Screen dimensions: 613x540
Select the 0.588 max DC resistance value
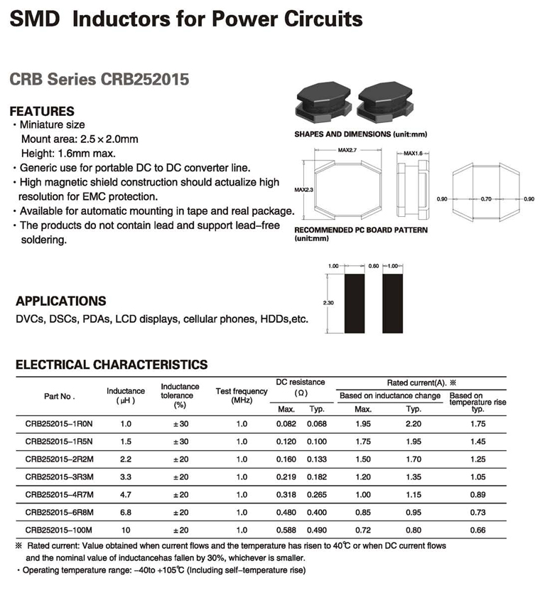[286, 530]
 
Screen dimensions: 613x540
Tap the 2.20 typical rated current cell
[413, 424]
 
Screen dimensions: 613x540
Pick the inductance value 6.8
[126, 512]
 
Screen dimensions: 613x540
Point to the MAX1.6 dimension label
[414, 153]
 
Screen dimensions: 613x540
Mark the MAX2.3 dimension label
[303, 190]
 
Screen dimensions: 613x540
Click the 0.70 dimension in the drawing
[487, 198]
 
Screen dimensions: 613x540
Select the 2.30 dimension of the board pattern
[328, 303]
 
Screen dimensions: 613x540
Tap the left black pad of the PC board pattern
[354, 303]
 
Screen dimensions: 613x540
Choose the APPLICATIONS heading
[61, 301]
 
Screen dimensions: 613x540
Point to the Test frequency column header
[242, 395]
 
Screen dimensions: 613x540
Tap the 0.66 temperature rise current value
[478, 530]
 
